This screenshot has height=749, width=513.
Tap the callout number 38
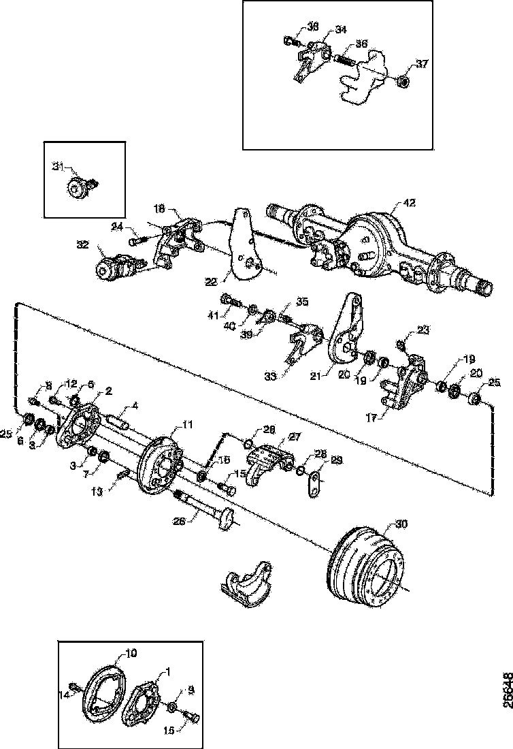312,27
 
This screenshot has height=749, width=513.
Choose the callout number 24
117,227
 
